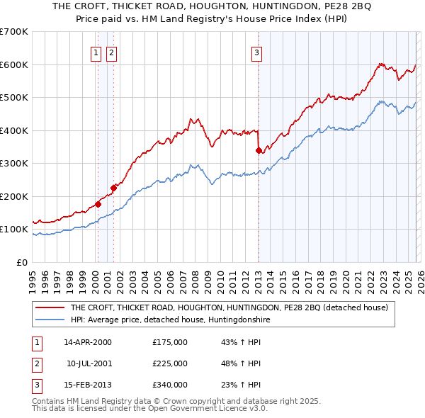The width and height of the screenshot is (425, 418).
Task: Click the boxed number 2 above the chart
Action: (112, 51)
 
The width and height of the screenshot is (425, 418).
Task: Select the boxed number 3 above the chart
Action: (256, 51)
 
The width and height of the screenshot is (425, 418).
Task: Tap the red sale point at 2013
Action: (259, 150)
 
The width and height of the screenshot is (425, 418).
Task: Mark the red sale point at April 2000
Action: (98, 204)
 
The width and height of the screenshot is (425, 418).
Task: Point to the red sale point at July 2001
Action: (113, 188)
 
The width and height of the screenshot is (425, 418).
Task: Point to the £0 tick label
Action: (22, 262)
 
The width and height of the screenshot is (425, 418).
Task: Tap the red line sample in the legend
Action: (50, 308)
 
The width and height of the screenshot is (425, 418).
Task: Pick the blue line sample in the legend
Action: (50, 320)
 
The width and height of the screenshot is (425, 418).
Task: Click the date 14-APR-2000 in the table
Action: (88, 342)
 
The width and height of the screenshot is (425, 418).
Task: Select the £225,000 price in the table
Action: (170, 363)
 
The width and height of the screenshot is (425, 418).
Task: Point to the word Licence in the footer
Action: (208, 408)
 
